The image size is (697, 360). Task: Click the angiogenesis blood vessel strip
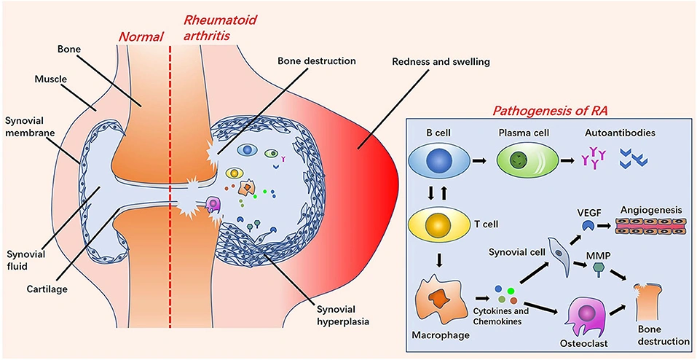point(651,228)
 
